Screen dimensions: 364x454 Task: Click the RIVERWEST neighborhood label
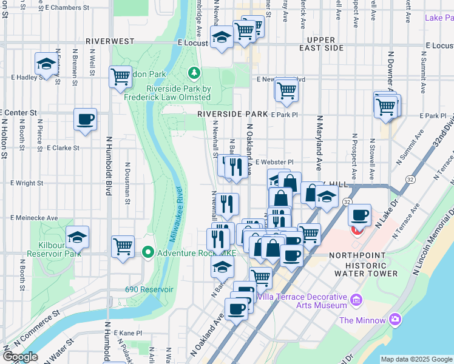pyautogui.click(x=110, y=41)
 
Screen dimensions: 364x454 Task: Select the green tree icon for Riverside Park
pyautogui.click(x=194, y=73)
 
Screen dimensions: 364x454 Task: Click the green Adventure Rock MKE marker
pyautogui.click(x=147, y=252)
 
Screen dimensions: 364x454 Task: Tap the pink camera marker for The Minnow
pyautogui.click(x=396, y=319)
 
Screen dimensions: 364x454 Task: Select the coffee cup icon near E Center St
pyautogui.click(x=85, y=118)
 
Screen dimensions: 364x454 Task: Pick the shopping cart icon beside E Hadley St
pyautogui.click(x=121, y=76)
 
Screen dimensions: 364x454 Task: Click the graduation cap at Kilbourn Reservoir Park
pyautogui.click(x=77, y=237)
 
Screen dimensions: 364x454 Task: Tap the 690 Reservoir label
pyautogui.click(x=149, y=289)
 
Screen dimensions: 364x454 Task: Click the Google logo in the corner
pyautogui.click(x=20, y=357)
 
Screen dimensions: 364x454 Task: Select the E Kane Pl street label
pyautogui.click(x=128, y=332)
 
